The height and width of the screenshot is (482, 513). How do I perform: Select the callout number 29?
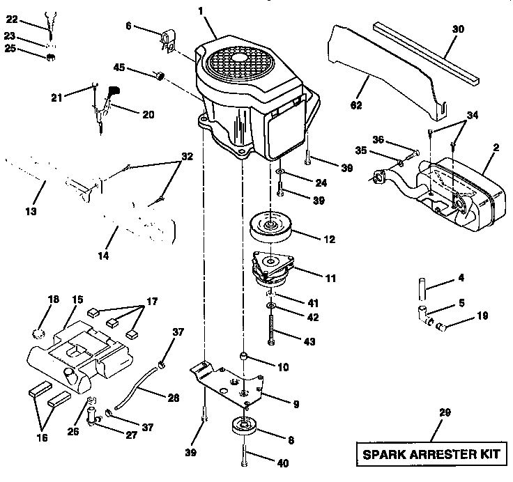click(x=445, y=413)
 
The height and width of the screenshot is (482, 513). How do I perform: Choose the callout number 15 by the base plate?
click(x=77, y=300)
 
